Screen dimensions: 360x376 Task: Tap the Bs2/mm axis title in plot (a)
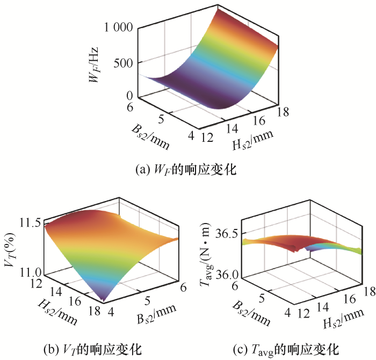click(x=148, y=134)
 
